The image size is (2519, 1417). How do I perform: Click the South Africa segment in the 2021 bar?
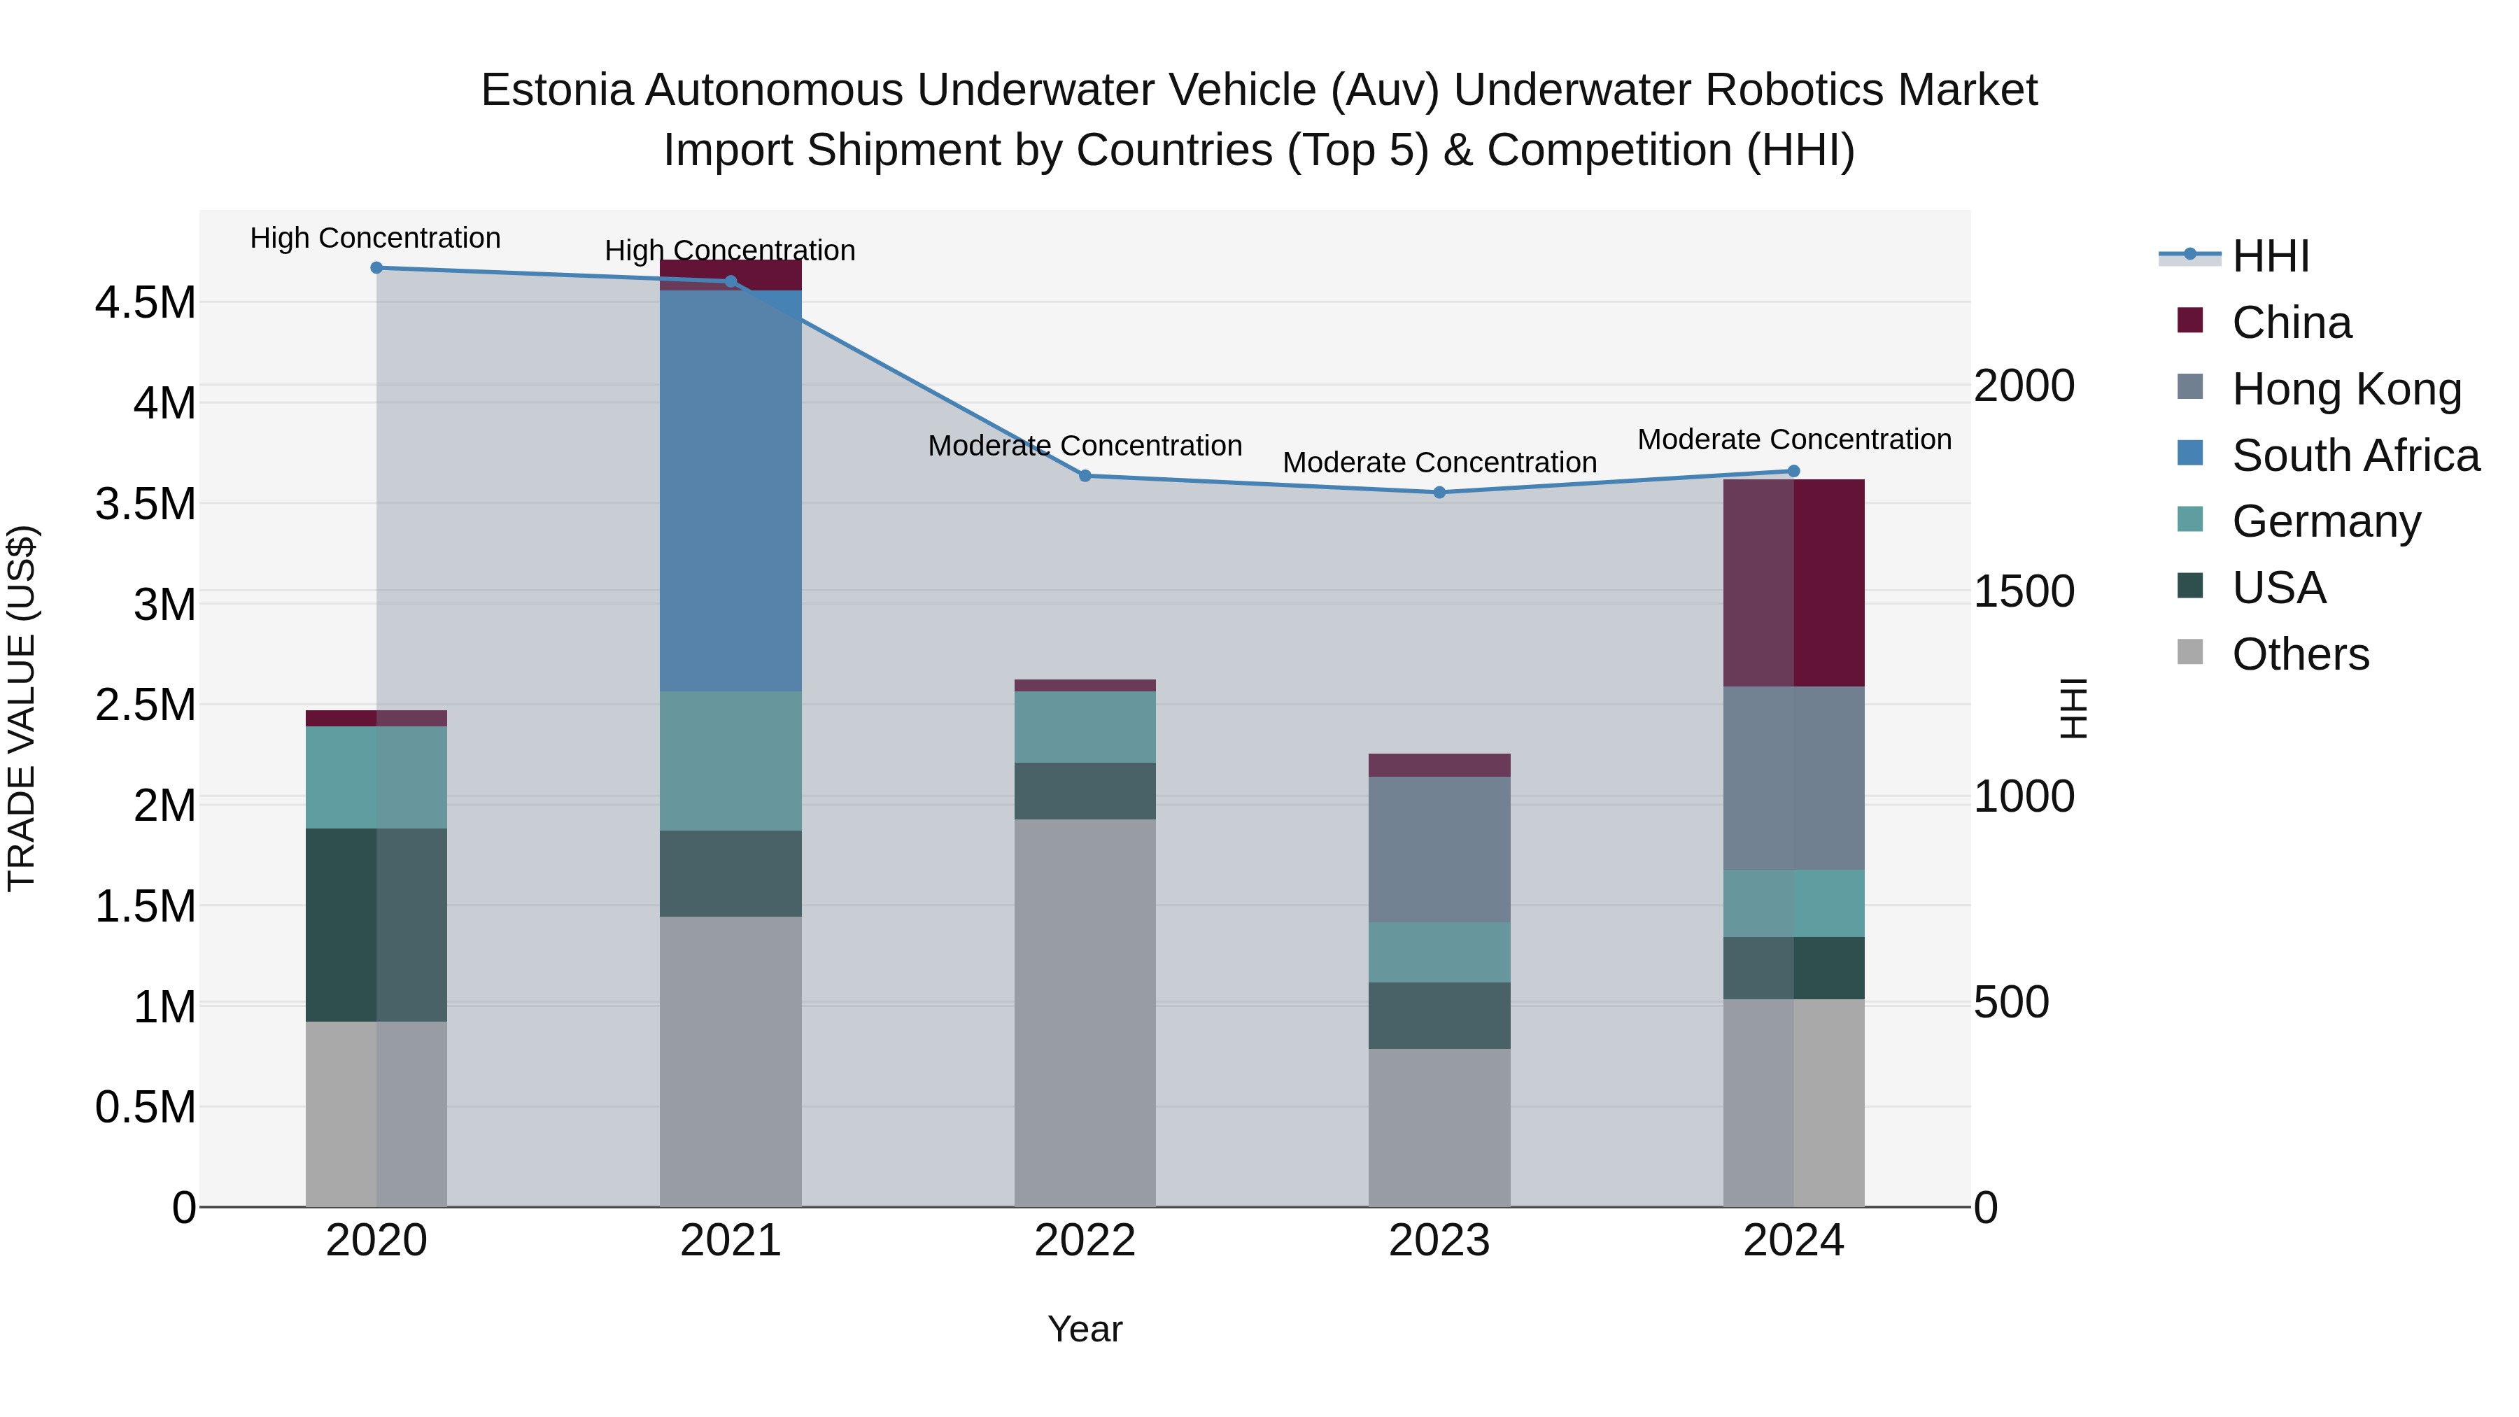pos(731,491)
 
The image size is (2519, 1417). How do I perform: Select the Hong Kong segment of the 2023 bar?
pos(1439,849)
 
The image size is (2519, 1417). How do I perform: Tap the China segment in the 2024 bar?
pos(1793,583)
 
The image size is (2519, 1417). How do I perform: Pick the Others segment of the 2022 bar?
pos(1085,1012)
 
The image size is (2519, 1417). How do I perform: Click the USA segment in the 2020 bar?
pos(376,924)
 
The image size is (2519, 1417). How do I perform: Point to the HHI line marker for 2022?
pos(1085,477)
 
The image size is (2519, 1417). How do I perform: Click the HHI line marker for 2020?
pos(376,268)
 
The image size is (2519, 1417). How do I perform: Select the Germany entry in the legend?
pos(2325,521)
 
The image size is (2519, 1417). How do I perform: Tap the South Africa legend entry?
pos(2355,456)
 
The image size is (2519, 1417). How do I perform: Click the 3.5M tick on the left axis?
pos(146,505)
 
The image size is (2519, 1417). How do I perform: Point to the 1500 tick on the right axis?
pos(2023,591)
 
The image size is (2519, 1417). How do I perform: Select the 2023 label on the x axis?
pos(1439,1241)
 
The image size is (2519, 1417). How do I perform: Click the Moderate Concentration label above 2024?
pos(1793,440)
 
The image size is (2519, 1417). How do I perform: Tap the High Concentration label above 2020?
pos(376,239)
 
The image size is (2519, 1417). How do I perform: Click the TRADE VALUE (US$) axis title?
pos(22,708)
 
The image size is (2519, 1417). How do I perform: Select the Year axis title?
pos(1085,1329)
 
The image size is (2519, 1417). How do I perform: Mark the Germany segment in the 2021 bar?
pos(731,761)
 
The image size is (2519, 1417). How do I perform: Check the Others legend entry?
pos(2300,654)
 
